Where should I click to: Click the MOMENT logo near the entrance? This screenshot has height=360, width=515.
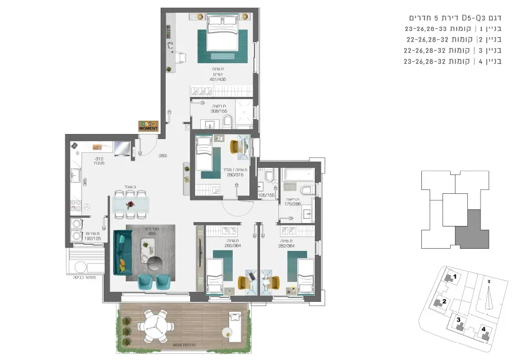click(x=148, y=126)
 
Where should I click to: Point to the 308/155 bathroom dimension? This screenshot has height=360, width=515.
click(x=218, y=111)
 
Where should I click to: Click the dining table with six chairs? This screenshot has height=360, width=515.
click(x=131, y=204)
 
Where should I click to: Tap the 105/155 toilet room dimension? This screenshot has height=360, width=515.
click(x=267, y=195)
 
